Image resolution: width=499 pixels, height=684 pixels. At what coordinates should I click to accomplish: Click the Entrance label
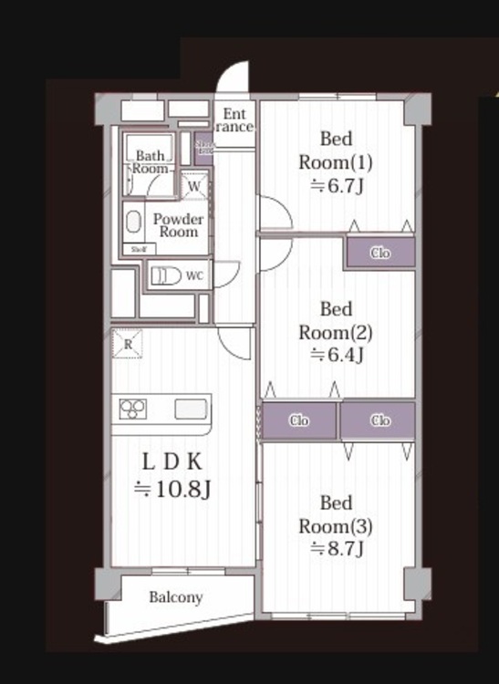coord(234,119)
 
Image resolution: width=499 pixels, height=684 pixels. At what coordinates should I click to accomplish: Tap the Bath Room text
coord(151,162)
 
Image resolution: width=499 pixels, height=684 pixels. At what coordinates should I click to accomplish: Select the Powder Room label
coord(178,225)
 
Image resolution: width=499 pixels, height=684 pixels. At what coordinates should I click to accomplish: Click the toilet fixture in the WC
coord(165,276)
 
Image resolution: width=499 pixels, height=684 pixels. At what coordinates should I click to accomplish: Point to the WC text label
coord(194,275)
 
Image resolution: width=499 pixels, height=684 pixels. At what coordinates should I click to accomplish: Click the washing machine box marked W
coord(194,186)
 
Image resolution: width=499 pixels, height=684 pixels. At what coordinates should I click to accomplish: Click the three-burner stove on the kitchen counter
coord(132,409)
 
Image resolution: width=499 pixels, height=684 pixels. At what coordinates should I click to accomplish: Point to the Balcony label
coord(175,598)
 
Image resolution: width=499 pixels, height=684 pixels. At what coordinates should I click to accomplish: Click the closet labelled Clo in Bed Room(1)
coord(379,253)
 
